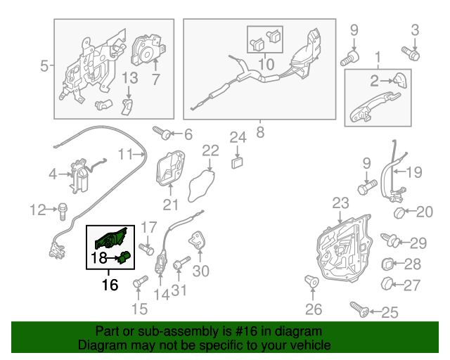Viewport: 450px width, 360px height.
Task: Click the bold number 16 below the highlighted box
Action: [110, 285]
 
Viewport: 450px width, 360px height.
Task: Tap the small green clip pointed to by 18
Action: [124, 258]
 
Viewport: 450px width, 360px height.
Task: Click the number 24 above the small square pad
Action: [238, 136]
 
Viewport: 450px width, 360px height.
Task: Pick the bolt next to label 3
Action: [410, 51]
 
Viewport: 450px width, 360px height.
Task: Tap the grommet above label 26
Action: [312, 283]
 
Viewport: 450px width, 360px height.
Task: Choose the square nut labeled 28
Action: [386, 264]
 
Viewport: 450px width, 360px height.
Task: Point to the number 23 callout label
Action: [340, 203]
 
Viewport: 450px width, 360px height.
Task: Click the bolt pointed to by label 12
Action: [63, 208]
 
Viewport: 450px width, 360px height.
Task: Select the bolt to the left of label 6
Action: [159, 131]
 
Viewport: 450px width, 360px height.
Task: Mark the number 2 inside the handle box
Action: [375, 80]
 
